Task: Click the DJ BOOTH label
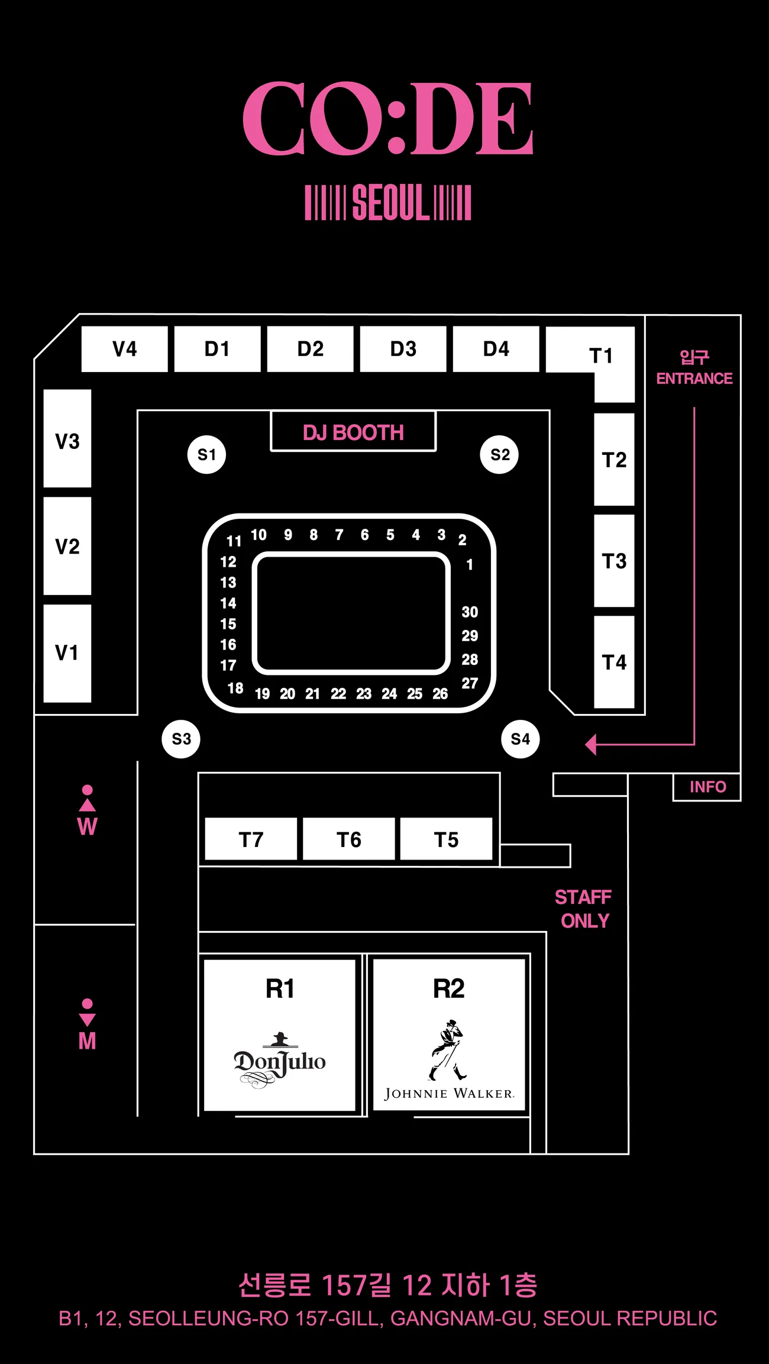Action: pos(353,432)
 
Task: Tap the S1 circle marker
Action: pos(206,454)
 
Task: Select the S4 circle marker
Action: pos(521,739)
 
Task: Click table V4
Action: pos(124,349)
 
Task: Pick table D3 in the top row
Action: pos(403,349)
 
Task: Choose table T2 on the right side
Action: pos(614,460)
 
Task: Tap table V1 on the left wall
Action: pos(67,653)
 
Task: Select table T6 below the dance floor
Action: pos(348,839)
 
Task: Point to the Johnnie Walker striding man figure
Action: pos(447,1050)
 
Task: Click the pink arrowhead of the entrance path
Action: pos(590,744)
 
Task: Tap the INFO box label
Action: pos(707,787)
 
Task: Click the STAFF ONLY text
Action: pos(583,909)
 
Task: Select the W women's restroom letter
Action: pos(87,826)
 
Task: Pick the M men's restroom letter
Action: pos(87,1040)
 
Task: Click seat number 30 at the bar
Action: pos(470,612)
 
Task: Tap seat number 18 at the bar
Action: pos(235,688)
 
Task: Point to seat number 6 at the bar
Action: pos(364,535)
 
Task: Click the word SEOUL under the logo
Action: pos(388,202)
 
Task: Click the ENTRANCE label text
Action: pos(694,379)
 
